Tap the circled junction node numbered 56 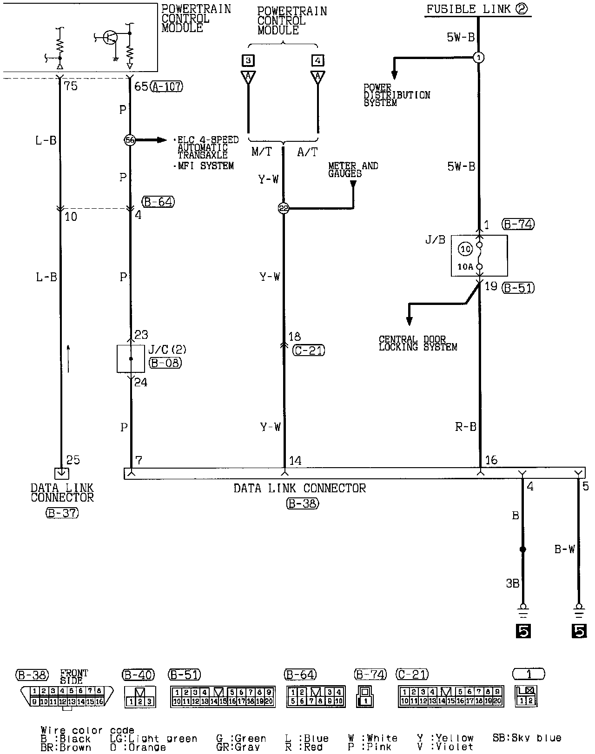click(x=130, y=140)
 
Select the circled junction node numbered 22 click(x=284, y=209)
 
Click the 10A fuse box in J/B click(x=479, y=256)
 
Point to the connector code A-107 click(x=167, y=86)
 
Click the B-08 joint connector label click(x=165, y=363)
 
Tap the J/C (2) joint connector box click(x=131, y=358)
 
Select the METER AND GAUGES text click(x=353, y=170)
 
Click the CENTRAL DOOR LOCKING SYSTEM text click(x=417, y=344)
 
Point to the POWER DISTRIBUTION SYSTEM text click(x=397, y=95)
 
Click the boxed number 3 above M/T click(x=248, y=60)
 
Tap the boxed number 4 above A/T click(x=318, y=60)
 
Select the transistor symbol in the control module click(x=110, y=38)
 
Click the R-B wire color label click(x=465, y=427)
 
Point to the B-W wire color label click(x=564, y=549)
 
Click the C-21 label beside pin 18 click(x=309, y=350)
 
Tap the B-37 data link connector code click(x=62, y=513)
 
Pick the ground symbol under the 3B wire click(x=523, y=610)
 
